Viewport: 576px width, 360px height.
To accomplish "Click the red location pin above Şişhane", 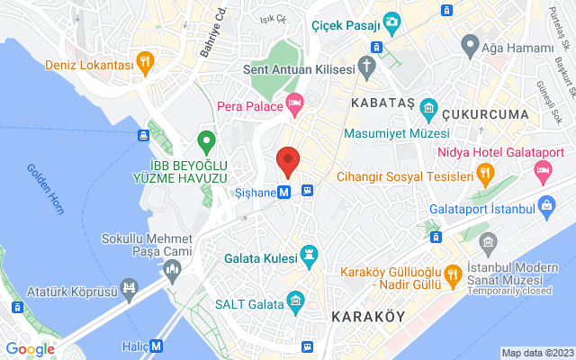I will click(288, 160).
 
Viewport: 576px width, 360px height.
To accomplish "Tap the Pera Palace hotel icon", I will click(294, 105).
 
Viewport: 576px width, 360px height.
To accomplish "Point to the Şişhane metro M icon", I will click(283, 192).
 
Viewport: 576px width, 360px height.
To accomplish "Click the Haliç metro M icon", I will click(157, 345).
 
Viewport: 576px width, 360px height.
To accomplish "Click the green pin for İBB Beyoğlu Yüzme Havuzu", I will click(206, 140).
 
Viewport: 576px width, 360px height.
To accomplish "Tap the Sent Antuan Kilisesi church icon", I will click(367, 65).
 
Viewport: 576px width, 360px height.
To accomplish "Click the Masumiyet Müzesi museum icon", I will click(428, 109).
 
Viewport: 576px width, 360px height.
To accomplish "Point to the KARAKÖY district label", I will click(367, 317).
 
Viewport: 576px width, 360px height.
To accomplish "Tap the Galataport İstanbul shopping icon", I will click(546, 209).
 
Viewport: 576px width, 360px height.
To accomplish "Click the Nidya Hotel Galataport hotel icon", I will click(543, 170).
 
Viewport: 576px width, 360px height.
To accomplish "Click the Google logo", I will click(30, 348).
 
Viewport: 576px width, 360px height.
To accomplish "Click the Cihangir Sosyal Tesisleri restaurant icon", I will click(485, 174).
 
